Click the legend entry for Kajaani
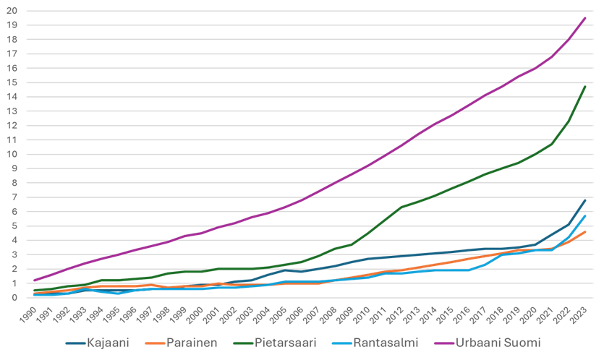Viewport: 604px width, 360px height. point(98,343)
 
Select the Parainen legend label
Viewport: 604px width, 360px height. point(182,343)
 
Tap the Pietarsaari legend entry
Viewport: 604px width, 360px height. point(275,343)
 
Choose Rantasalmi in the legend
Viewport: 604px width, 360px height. point(375,343)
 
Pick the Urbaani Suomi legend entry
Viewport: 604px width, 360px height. point(488,343)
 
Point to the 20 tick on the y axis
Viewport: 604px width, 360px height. point(12,11)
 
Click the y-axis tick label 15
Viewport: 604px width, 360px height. point(12,82)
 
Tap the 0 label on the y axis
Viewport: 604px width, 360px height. point(14,298)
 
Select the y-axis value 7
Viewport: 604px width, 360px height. point(14,197)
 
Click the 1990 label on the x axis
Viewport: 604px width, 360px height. point(27,315)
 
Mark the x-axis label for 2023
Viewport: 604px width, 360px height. point(579,315)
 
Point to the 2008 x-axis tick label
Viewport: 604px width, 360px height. point(328,315)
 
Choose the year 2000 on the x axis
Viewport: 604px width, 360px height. point(195,315)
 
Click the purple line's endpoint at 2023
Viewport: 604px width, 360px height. point(585,18)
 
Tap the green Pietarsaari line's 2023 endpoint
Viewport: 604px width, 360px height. point(585,87)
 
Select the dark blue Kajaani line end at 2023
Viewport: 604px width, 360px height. point(585,200)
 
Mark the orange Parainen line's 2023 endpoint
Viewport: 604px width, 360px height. point(585,232)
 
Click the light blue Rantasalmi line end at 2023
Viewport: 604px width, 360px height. point(585,216)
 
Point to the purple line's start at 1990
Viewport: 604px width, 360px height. point(35,280)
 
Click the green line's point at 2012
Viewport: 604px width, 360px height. point(401,207)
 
